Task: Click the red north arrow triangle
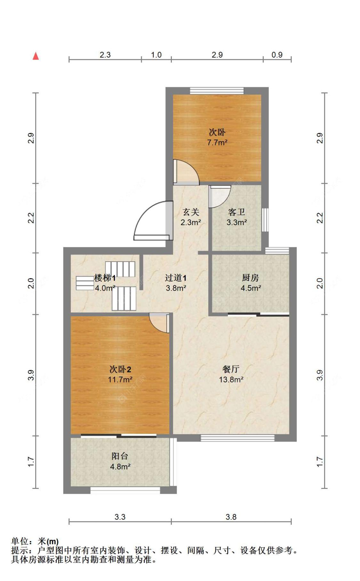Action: point(36,56)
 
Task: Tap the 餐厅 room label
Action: point(231,369)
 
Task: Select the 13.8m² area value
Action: point(231,380)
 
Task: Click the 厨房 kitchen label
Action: point(250,278)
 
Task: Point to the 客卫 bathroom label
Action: point(236,212)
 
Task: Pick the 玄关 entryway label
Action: point(191,212)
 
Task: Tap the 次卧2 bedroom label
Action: point(120,369)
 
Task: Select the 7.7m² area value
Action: point(217,142)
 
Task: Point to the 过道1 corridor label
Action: point(176,278)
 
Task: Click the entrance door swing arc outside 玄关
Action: point(144,213)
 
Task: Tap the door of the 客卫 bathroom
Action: point(220,196)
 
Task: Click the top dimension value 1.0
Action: point(156,55)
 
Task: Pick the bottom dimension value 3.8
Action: point(231,517)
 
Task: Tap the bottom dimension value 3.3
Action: point(120,517)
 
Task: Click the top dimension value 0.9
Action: point(277,55)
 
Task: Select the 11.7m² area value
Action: point(120,380)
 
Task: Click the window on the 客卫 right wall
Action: point(265,220)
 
